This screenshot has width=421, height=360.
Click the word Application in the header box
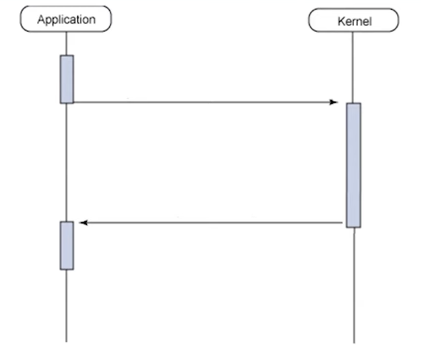(x=66, y=19)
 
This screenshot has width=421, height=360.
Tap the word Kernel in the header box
(x=353, y=21)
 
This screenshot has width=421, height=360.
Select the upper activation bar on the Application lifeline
(x=66, y=79)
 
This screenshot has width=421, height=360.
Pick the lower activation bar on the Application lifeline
(x=66, y=245)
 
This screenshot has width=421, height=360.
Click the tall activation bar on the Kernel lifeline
(x=353, y=164)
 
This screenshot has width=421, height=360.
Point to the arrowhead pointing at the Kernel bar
(x=334, y=102)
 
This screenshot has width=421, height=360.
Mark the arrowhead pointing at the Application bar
(x=83, y=223)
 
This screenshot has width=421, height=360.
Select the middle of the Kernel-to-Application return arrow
(x=211, y=223)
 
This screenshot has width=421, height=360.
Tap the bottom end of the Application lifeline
(x=66, y=341)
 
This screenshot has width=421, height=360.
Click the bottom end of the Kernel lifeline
(x=353, y=341)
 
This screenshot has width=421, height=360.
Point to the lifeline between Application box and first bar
(x=66, y=43)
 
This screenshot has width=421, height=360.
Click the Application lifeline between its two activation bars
(x=66, y=162)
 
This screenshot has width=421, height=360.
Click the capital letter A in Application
(x=41, y=19)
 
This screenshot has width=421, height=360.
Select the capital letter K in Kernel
(x=340, y=21)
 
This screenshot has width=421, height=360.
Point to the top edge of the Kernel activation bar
(x=353, y=103)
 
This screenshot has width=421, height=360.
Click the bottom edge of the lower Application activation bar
(x=66, y=269)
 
